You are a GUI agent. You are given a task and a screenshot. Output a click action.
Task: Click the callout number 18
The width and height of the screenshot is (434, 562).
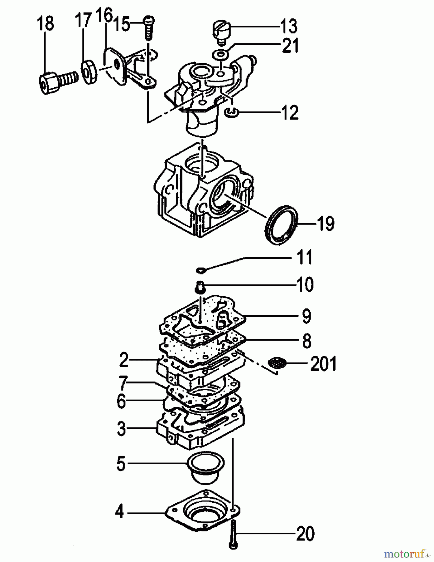pos(46,24)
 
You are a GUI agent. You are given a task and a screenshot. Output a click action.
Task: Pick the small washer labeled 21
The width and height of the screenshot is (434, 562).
pos(222,55)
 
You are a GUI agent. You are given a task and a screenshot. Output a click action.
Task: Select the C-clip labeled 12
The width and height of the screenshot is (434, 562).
pos(232,112)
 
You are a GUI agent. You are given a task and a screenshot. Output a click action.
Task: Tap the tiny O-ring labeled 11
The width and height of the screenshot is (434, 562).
pos(200,269)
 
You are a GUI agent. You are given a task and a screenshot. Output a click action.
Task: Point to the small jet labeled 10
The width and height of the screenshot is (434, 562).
pos(200,286)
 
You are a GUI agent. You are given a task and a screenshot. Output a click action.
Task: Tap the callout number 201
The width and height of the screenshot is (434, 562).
pos(323,364)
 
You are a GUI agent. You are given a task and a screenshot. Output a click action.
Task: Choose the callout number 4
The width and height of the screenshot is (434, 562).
pos(119,512)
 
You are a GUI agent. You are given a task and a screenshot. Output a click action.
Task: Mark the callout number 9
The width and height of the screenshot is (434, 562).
pos(306,316)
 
